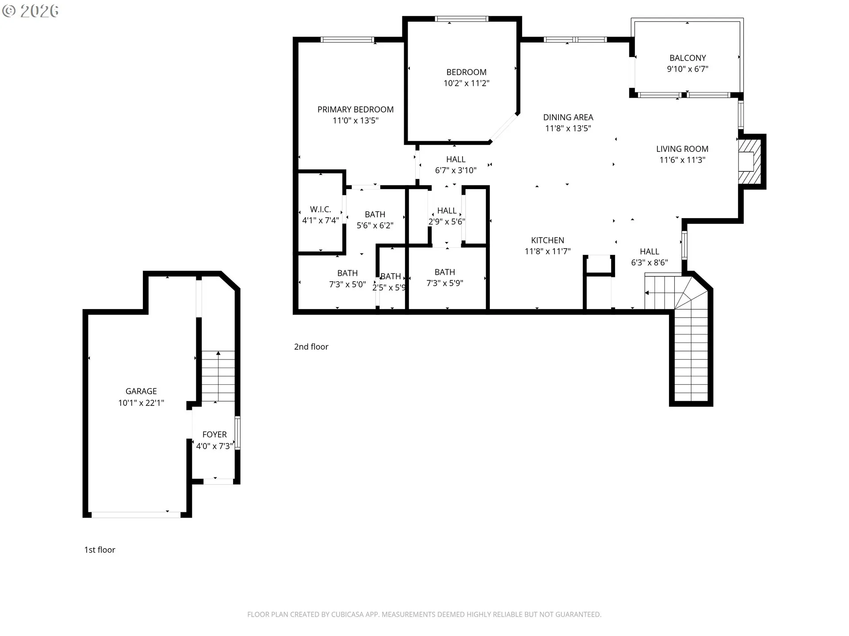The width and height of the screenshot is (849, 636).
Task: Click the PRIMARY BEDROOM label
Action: [x=356, y=110]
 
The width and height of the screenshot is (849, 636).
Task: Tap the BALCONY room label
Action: [x=688, y=58]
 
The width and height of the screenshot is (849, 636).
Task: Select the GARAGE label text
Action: [x=141, y=391]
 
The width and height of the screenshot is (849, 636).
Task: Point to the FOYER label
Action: [x=214, y=435]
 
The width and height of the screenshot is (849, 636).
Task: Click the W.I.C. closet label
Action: [x=321, y=209]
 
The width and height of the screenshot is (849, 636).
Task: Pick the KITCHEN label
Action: [x=547, y=240]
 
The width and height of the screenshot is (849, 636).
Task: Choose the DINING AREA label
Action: [x=568, y=117]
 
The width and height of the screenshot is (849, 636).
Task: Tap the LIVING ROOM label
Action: [x=682, y=149]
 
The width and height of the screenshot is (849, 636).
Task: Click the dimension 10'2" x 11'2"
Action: [x=467, y=83]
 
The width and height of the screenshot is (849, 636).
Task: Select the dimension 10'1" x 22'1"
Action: [x=141, y=403]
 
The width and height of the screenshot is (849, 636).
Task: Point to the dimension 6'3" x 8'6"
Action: [x=649, y=263]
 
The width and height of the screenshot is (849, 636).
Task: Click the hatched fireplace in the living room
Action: [x=749, y=162]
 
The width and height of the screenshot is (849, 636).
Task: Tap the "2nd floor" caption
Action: [x=311, y=347]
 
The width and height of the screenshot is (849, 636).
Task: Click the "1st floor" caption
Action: [x=99, y=550]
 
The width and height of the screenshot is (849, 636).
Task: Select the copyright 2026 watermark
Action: [x=31, y=11]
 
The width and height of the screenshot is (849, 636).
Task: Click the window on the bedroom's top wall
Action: [x=462, y=19]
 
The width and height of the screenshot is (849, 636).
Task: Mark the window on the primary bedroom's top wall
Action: [x=348, y=40]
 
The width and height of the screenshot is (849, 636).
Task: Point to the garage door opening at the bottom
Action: [x=136, y=515]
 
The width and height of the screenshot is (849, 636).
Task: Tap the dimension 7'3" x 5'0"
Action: [x=348, y=285]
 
